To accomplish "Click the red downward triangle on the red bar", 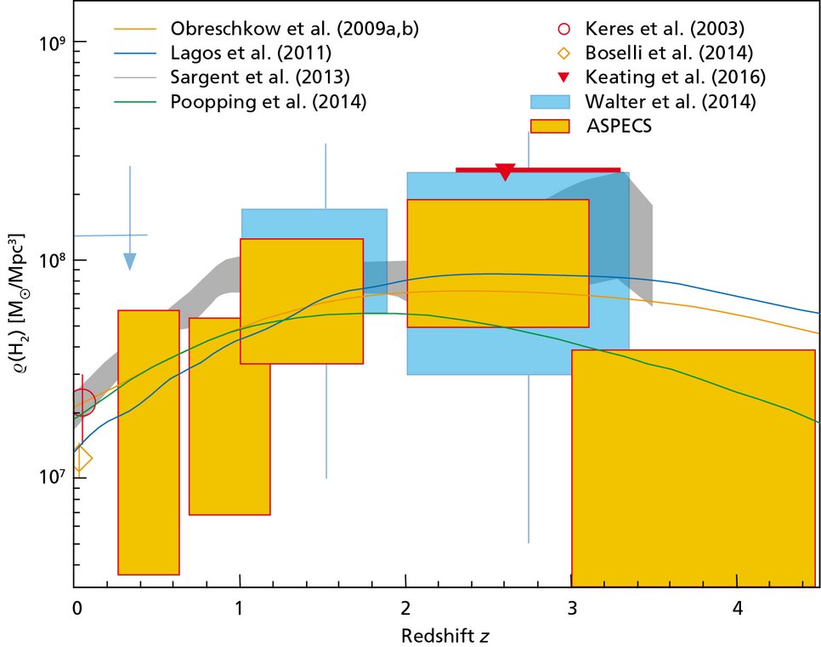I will pyautogui.click(x=505, y=172).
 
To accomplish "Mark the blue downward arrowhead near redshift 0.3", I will pyautogui.click(x=129, y=261).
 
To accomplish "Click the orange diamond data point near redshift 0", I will pyautogui.click(x=82, y=459).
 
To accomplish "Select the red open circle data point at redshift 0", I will pyautogui.click(x=82, y=401).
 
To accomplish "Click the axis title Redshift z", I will pyautogui.click(x=446, y=634).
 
